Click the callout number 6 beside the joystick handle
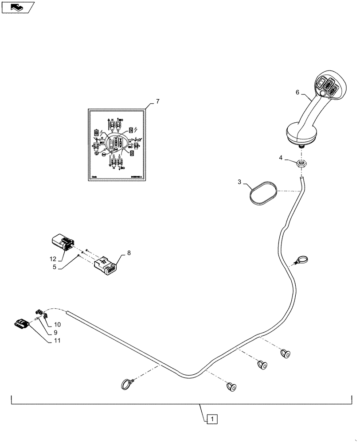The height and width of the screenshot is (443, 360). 298,92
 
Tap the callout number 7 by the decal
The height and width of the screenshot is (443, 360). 158,101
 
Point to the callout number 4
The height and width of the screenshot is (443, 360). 280,157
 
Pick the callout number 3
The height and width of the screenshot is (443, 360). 239,182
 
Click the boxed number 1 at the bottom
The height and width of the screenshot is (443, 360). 213,418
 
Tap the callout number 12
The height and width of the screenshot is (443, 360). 53,259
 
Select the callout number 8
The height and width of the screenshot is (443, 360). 129,253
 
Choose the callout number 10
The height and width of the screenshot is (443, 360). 57,325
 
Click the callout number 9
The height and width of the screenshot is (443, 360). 56,333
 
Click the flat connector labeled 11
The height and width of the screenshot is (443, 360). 23,325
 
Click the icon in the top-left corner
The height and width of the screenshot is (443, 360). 18,7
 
